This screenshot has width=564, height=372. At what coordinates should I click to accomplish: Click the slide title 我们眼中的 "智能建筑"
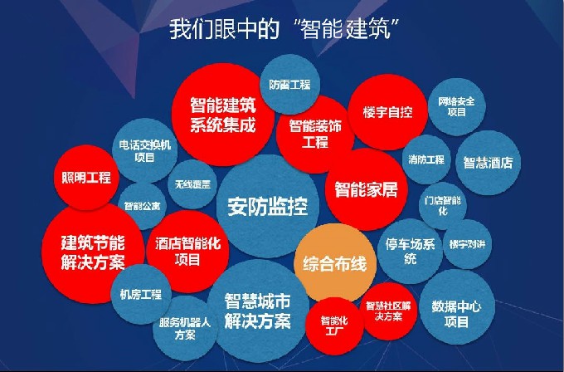[284, 29]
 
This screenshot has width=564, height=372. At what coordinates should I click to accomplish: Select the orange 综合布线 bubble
[335, 263]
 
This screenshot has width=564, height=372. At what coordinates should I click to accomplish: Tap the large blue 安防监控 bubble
[268, 207]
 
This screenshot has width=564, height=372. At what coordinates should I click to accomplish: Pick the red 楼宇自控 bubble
[387, 112]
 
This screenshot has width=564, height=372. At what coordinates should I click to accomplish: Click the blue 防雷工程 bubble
[289, 85]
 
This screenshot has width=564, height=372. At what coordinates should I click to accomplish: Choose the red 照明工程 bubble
[86, 177]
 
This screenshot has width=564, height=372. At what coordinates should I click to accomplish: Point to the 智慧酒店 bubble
[488, 163]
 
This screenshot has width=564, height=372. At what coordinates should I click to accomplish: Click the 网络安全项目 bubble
[456, 106]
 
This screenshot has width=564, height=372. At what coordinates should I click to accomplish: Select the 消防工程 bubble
[426, 159]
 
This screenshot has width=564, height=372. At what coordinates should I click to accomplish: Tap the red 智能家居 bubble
[366, 189]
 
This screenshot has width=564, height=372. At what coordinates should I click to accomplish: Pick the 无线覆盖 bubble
[192, 184]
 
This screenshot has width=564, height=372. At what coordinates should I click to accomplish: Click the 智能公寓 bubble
[142, 206]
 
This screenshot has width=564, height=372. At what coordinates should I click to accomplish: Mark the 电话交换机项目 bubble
[144, 151]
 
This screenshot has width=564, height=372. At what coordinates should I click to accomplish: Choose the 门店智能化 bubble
[443, 206]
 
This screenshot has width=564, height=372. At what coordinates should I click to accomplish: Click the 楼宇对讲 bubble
[467, 244]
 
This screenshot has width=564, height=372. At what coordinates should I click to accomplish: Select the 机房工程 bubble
[141, 295]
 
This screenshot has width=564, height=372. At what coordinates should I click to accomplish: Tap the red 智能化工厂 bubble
[334, 325]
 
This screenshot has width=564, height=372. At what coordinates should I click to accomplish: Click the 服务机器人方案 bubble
[185, 328]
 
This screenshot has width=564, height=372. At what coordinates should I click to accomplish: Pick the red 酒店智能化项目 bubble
[187, 252]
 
